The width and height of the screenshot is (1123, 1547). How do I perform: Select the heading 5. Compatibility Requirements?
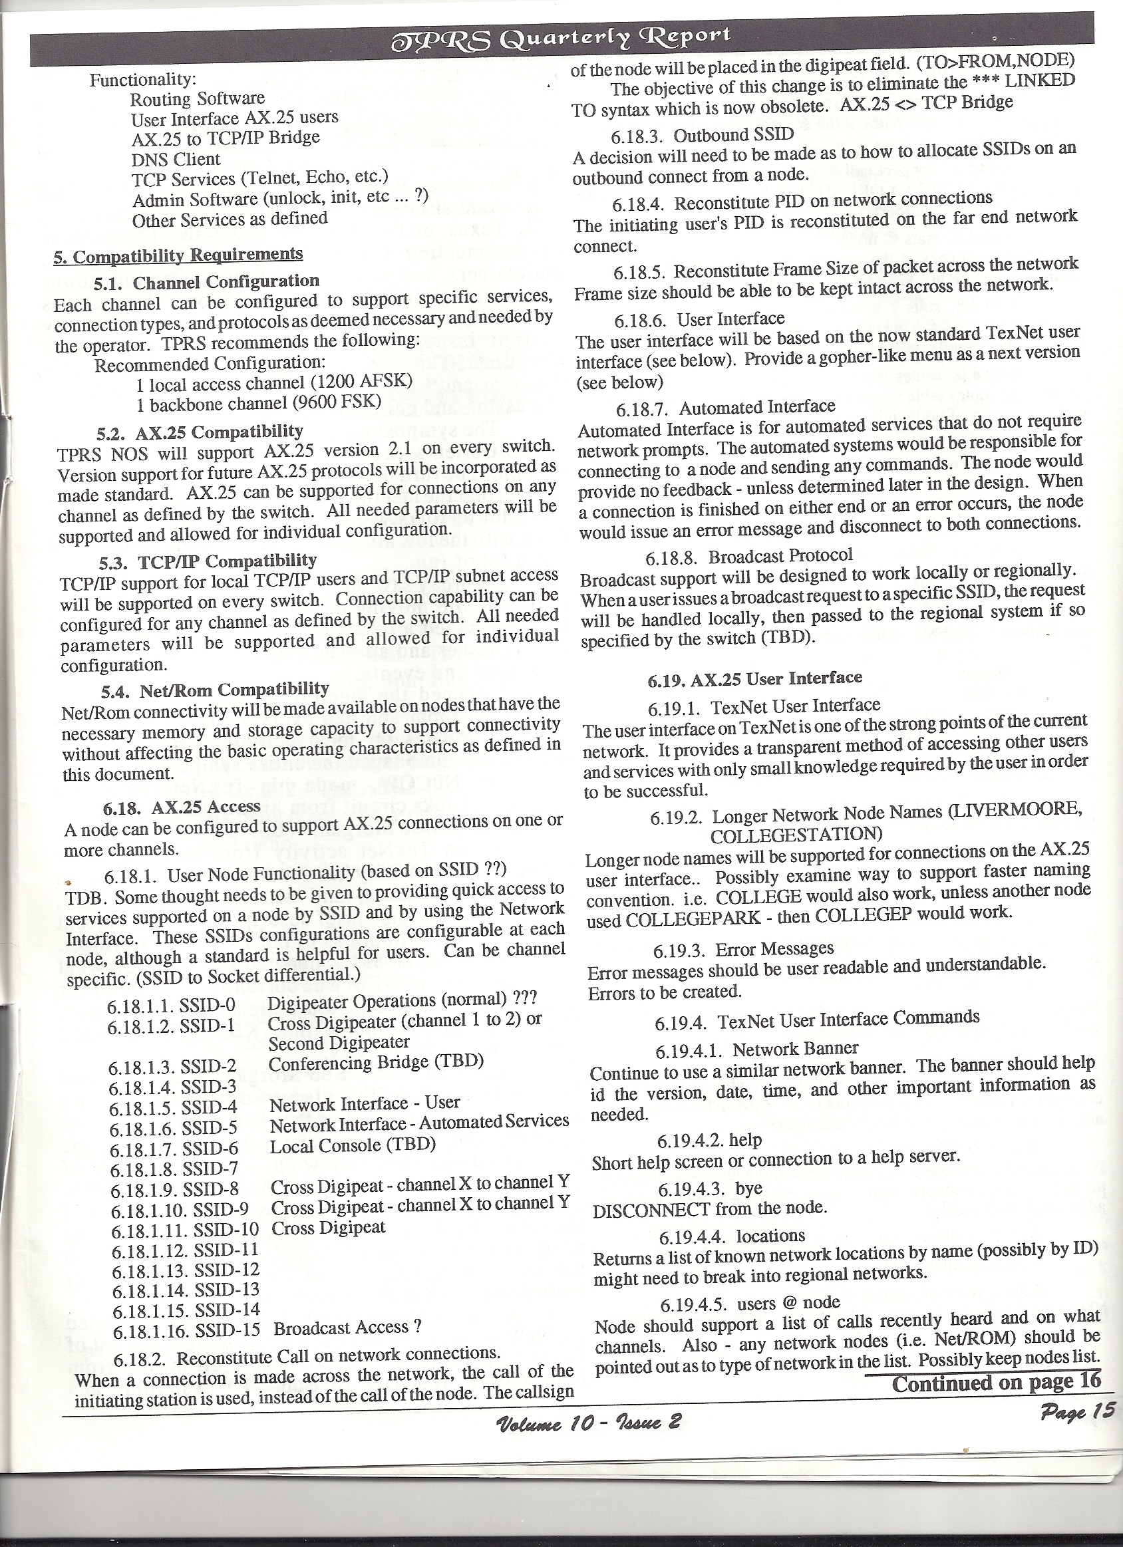pyautogui.click(x=178, y=255)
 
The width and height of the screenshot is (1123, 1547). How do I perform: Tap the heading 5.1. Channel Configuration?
pyautogui.click(x=207, y=281)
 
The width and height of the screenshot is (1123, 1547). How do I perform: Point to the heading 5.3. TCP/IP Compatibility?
pyautogui.click(x=209, y=561)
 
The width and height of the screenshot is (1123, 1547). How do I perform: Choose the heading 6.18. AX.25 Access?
pyautogui.click(x=182, y=807)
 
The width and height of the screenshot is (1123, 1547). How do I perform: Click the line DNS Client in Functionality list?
pyautogui.click(x=176, y=160)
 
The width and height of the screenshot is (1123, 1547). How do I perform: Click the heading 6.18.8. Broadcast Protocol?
pyautogui.click(x=748, y=557)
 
